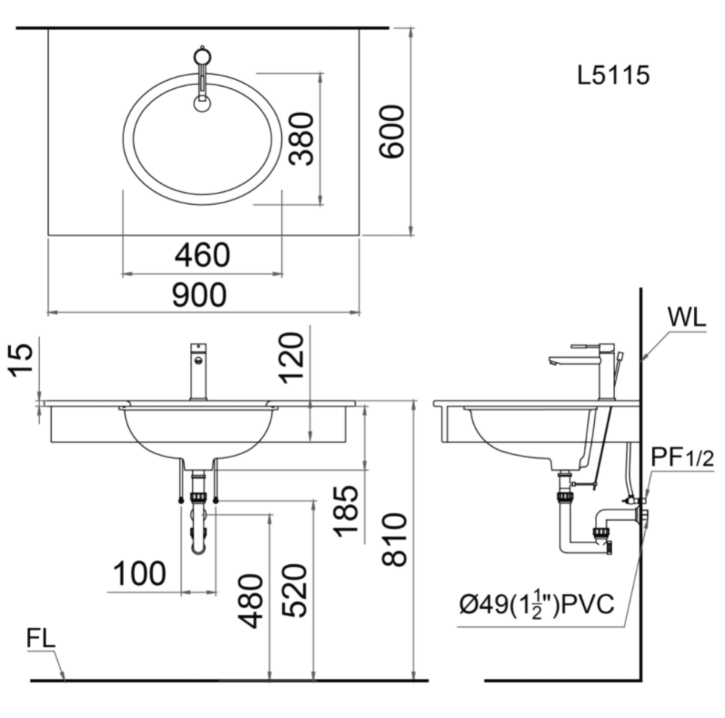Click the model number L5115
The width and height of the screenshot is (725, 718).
tap(613, 75)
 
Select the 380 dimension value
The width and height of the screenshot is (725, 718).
tap(301, 138)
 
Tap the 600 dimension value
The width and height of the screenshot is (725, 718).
tap(391, 132)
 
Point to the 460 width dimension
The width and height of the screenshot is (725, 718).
tap(202, 255)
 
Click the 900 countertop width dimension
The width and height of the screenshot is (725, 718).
tap(199, 295)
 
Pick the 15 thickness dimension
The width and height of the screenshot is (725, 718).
tap(22, 360)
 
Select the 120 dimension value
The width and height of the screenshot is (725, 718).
tap(291, 358)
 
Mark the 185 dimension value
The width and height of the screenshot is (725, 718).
tap(346, 511)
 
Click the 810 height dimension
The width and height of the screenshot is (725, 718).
tap(394, 540)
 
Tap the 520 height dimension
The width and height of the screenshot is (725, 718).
tap(294, 591)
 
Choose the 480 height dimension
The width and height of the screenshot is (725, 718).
tap(250, 601)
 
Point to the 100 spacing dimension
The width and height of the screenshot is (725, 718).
tap(140, 573)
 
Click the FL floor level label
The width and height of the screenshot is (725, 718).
tap(41, 639)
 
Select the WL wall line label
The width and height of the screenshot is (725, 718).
tap(687, 318)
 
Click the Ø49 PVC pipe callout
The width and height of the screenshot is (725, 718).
tap(537, 604)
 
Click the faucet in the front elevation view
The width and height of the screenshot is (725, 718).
tap(198, 372)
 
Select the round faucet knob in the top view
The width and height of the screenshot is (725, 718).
tap(202, 56)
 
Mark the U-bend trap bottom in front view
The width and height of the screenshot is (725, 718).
tap(199, 547)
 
